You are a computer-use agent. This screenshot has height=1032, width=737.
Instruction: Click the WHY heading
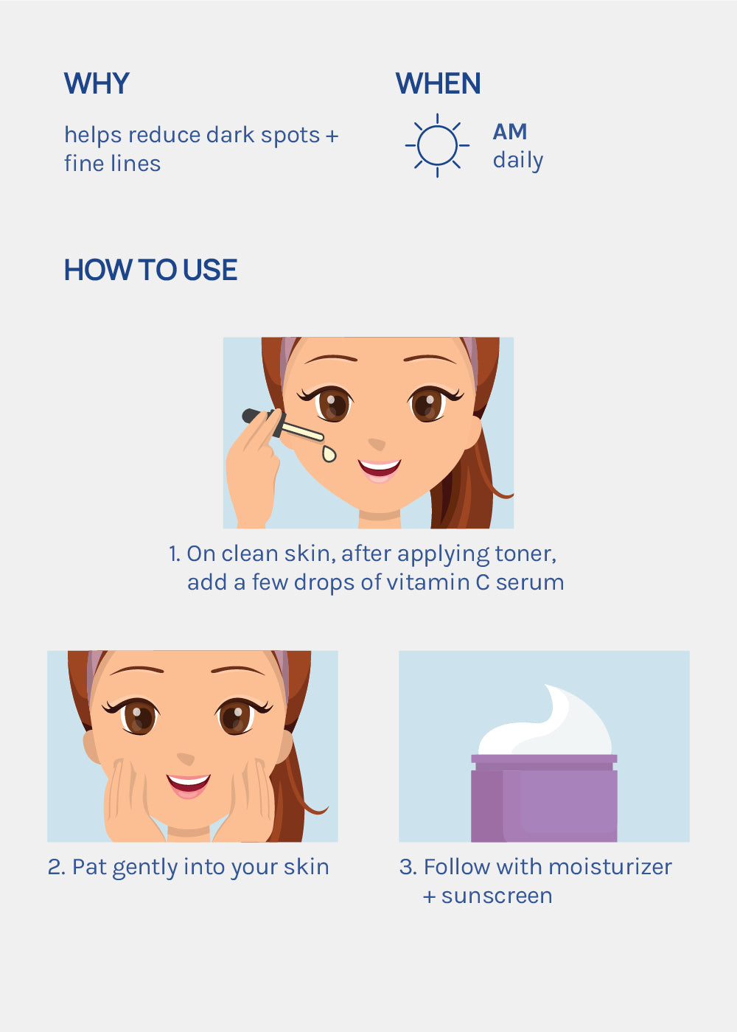pos(97,83)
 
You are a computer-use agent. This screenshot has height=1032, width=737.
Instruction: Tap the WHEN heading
pos(438,83)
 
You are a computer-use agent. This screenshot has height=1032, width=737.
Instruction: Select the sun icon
pos(437,145)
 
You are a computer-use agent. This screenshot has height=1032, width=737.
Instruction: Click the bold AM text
pos(510,132)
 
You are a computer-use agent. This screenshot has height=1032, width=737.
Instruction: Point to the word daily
pos(518,161)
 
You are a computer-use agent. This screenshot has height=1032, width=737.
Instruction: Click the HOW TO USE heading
pos(150,270)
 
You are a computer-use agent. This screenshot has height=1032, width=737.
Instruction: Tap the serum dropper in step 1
pos(283,425)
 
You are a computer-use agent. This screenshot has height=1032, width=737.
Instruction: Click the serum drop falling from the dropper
pos(329,454)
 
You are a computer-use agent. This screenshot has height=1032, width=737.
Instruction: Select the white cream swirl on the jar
pos(545,722)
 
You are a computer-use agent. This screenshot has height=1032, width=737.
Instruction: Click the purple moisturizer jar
pos(544,798)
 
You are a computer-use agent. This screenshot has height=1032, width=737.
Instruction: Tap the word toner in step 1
pos(525,554)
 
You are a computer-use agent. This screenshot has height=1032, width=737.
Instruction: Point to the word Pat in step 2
pos(89,867)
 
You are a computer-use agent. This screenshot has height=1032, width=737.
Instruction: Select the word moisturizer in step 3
pos(610,867)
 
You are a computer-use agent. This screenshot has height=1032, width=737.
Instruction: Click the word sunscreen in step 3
pos(497,896)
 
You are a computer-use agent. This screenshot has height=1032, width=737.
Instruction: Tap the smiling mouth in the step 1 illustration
pos(379,470)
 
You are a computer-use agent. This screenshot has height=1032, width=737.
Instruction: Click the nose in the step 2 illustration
pos(186,759)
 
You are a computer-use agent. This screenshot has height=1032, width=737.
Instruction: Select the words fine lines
pos(112,164)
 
